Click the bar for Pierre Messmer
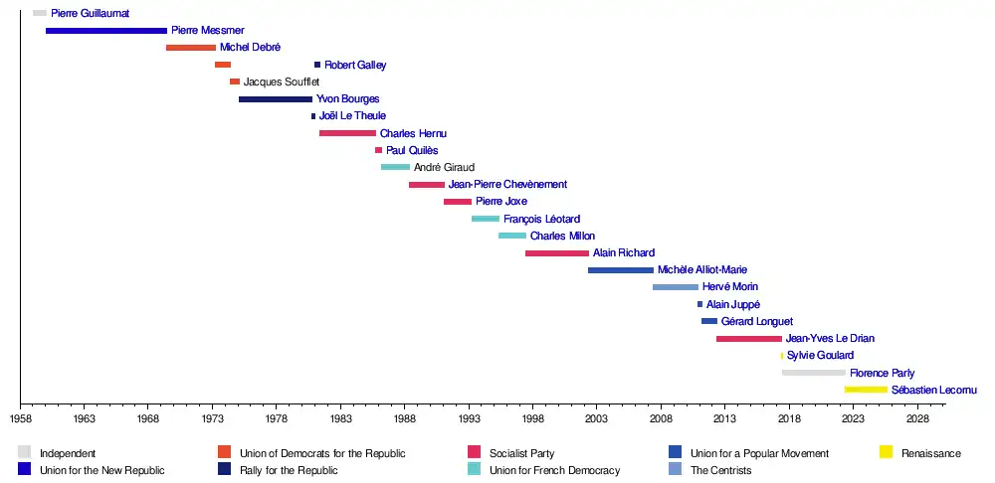(x=106, y=31)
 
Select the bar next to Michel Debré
(x=191, y=48)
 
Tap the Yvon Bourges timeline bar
(x=276, y=99)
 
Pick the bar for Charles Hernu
(x=347, y=133)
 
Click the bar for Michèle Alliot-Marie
(x=621, y=270)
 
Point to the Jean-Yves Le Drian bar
(x=748, y=339)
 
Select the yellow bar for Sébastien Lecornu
(x=866, y=390)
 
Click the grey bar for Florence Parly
(x=813, y=373)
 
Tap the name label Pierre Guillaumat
(x=91, y=13)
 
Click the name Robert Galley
(x=355, y=65)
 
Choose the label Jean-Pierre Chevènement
(x=507, y=185)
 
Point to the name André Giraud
(x=444, y=168)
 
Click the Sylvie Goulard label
(x=820, y=356)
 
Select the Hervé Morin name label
(x=730, y=287)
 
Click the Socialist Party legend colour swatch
(x=475, y=453)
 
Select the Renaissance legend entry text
(x=931, y=454)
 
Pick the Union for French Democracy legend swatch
(x=475, y=470)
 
